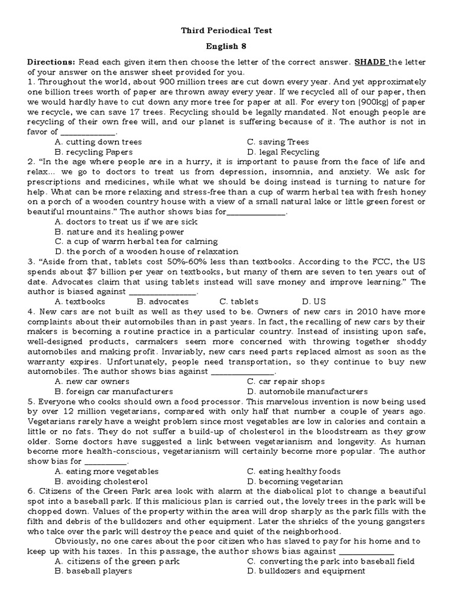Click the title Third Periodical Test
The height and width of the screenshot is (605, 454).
[x=226, y=31]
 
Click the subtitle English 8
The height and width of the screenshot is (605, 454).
[x=226, y=47]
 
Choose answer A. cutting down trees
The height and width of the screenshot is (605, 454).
[x=98, y=142]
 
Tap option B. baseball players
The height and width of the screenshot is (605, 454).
[x=93, y=571]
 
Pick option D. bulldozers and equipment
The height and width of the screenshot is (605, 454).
[x=306, y=571]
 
